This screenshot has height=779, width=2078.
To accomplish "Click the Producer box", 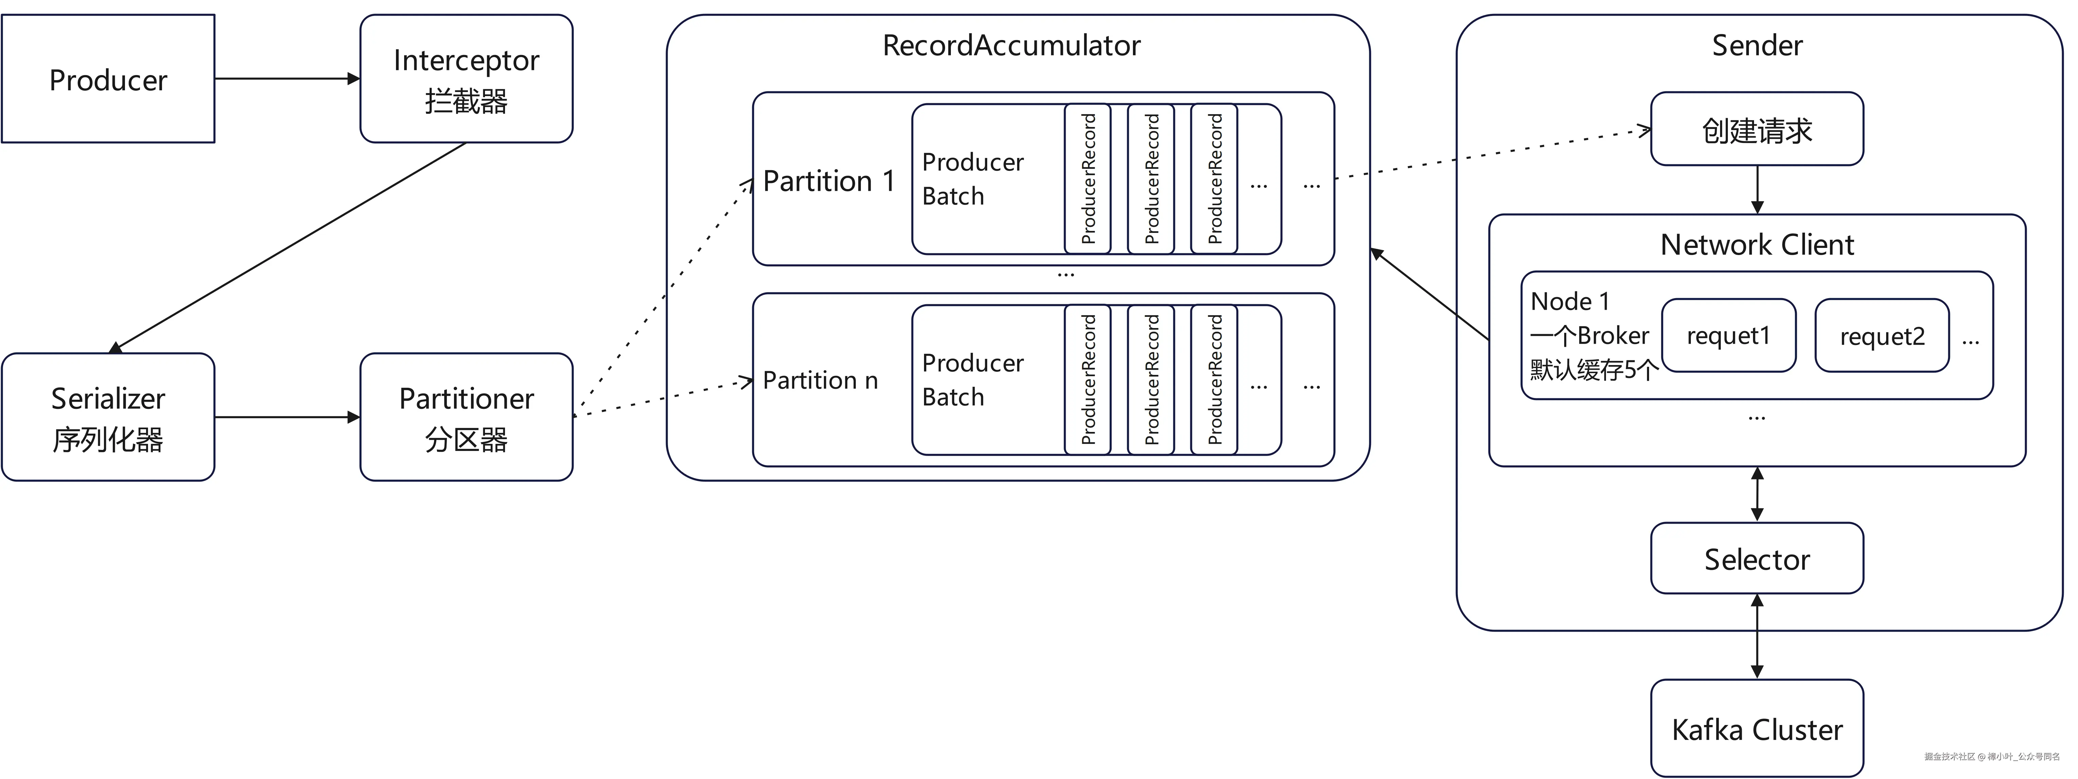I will click(108, 79).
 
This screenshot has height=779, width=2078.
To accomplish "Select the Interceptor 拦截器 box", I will click(466, 79).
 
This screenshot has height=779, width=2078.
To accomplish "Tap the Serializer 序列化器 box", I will click(108, 418).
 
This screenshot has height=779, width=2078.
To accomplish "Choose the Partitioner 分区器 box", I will click(466, 418).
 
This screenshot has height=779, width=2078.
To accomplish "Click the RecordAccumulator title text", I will click(1012, 45).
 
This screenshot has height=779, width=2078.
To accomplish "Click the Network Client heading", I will click(1757, 244).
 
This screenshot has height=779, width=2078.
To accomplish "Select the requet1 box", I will click(1729, 336).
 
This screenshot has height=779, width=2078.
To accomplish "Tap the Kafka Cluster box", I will click(1757, 729).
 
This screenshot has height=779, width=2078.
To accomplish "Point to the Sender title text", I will click(1757, 45).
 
